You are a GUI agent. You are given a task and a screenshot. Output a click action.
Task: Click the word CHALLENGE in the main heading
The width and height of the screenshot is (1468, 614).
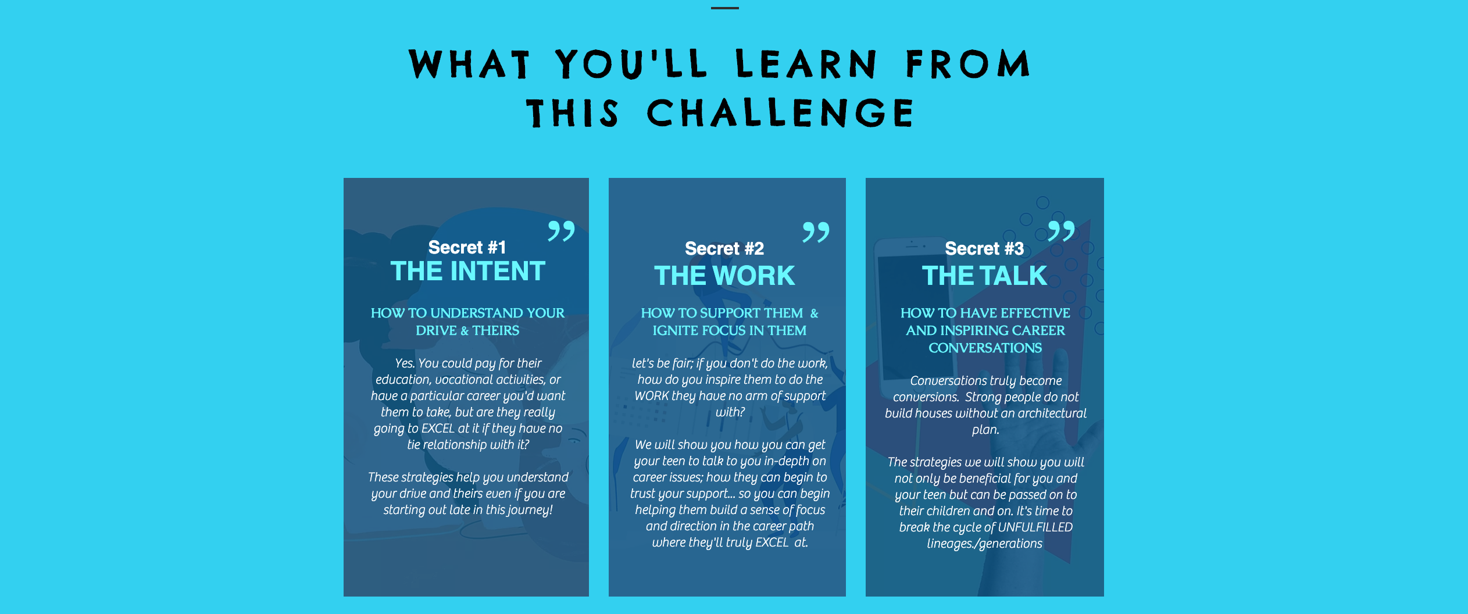pos(780,112)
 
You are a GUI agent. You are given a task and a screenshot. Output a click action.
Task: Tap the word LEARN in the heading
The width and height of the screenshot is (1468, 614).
pos(806,64)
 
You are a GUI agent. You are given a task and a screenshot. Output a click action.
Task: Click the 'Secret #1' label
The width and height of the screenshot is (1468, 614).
pos(467,247)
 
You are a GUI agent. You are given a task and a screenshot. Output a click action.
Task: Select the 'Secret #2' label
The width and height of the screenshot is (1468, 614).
pos(724,248)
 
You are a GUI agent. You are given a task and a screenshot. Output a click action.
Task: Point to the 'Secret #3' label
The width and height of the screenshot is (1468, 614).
pos(984,248)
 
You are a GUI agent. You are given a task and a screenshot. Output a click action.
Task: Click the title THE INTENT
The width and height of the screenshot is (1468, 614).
pos(468,272)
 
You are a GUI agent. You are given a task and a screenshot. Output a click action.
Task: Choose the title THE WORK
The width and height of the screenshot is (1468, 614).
pos(724,276)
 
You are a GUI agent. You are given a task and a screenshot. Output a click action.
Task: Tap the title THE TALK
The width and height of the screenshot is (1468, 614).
pos(984,276)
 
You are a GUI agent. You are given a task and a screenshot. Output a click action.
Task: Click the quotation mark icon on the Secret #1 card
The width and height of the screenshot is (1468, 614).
pos(561,231)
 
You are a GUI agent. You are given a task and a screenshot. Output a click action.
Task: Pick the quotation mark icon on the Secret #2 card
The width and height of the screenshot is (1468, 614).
pos(816,232)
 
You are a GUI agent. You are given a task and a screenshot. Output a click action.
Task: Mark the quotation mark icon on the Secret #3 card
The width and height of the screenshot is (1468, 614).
pos(1061,231)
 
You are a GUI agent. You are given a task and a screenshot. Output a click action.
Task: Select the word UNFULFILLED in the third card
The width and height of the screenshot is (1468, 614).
pos(1035,527)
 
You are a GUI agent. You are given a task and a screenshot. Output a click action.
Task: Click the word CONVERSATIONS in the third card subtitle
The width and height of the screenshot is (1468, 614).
pos(985,348)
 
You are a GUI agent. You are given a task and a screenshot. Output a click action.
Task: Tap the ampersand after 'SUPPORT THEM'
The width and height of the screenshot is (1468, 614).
pos(814,313)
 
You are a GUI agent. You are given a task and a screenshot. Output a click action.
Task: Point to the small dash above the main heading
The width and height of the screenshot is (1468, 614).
pos(725,8)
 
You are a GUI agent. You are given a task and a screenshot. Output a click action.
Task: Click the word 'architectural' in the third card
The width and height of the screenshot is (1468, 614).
pos(1050,413)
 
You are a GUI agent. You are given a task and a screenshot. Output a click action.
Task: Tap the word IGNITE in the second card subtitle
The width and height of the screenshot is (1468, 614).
pos(675,330)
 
